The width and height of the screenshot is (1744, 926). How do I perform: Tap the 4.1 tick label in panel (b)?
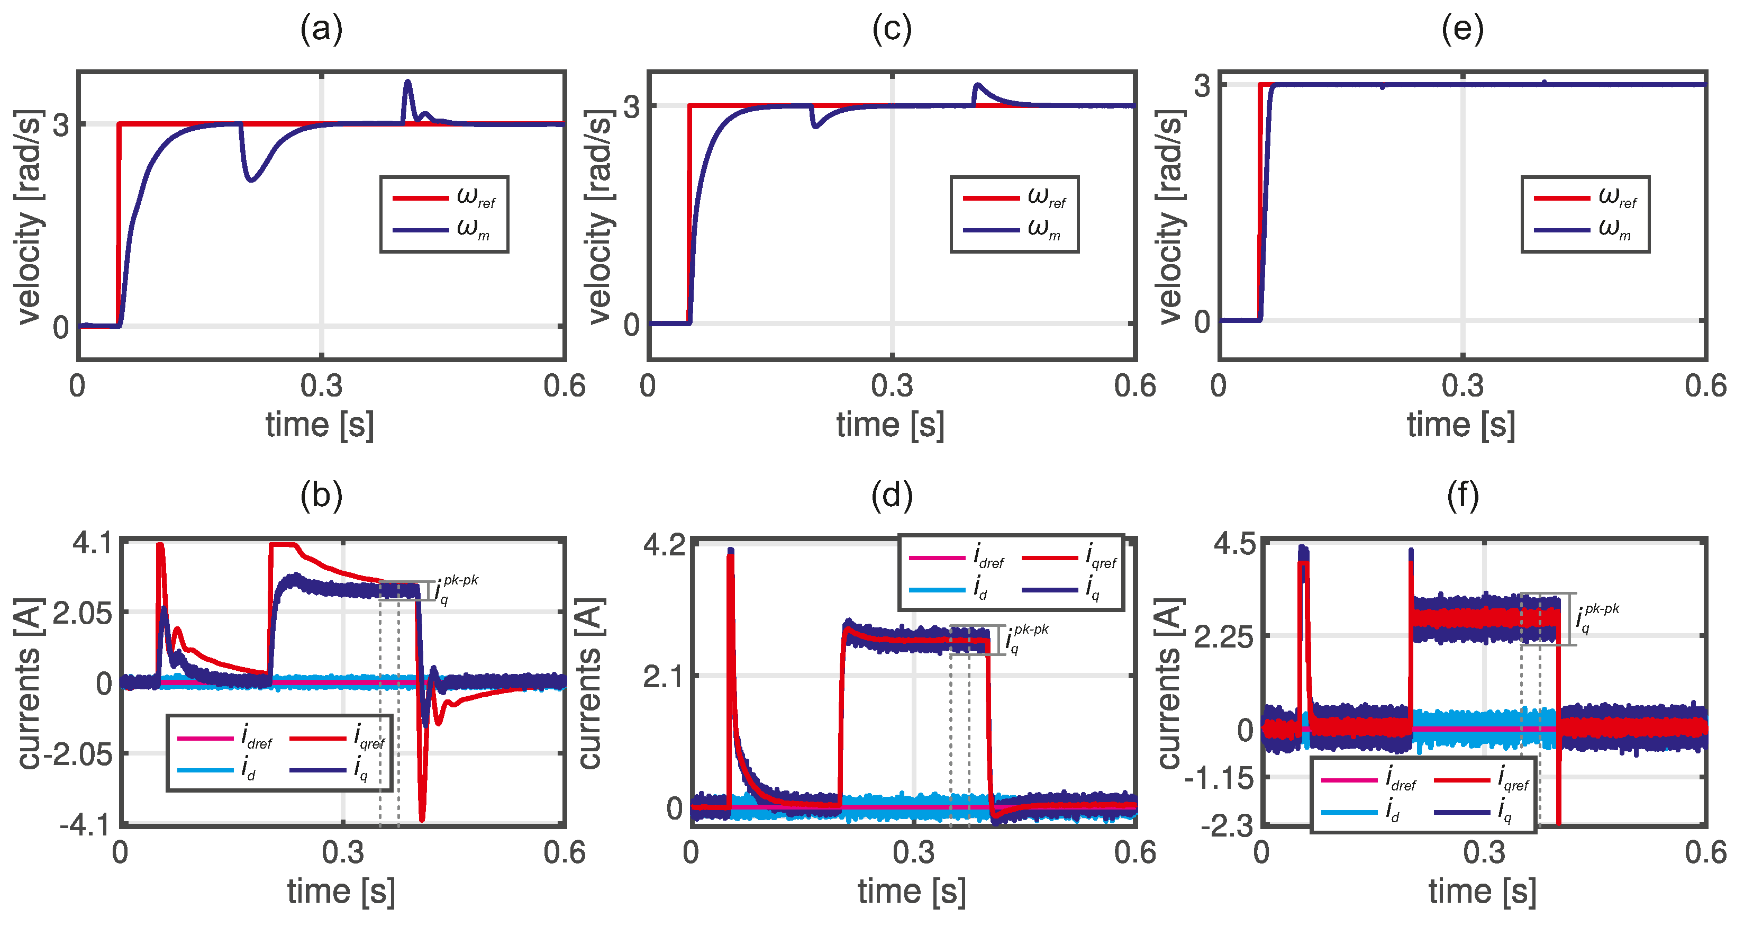coord(93,543)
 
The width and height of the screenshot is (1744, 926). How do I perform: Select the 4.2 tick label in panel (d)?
coord(664,545)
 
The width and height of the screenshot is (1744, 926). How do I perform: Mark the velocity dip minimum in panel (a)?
coord(252,179)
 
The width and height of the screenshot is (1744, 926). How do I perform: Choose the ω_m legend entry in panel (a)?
coord(443,230)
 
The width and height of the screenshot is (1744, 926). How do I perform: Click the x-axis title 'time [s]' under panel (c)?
coord(891,425)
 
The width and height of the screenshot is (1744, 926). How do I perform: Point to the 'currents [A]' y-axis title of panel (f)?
coord(1169,684)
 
